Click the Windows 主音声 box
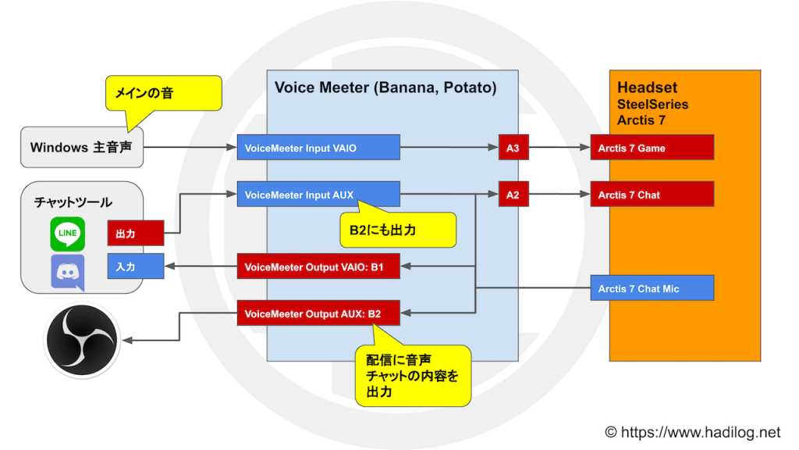(81, 147)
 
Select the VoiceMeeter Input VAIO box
(318, 148)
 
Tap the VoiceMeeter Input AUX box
(318, 194)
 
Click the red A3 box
(513, 148)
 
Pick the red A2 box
(513, 194)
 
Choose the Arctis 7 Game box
(652, 148)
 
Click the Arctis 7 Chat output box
(652, 194)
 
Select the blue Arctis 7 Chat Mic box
(652, 287)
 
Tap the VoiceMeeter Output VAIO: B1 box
(318, 266)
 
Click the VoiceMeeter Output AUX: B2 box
(318, 312)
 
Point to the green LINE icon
(68, 234)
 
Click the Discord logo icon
(68, 273)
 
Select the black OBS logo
(81, 340)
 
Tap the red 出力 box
(136, 233)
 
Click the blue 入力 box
(136, 266)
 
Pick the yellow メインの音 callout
(164, 93)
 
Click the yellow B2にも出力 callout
(398, 230)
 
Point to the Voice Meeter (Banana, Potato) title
(385, 87)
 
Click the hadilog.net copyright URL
(693, 432)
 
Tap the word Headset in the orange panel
(647, 87)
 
